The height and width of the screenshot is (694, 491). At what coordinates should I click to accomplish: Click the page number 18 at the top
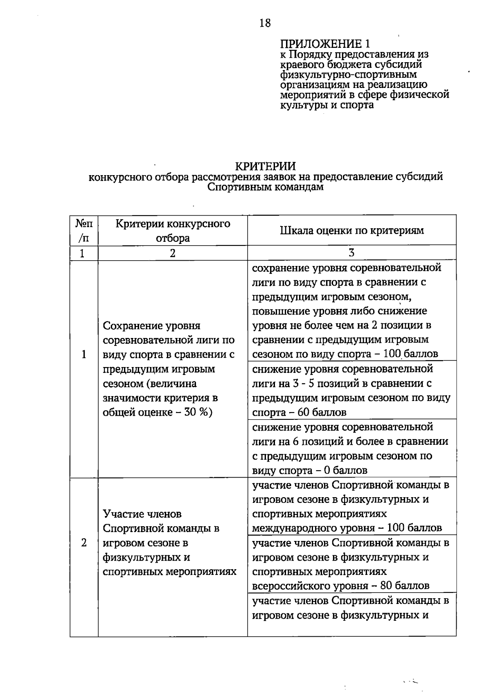point(265,23)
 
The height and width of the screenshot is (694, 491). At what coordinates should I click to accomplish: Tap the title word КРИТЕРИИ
point(265,166)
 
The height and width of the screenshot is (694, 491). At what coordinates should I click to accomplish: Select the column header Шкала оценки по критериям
point(352,230)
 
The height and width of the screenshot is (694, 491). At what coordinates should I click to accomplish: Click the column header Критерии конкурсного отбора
point(173,231)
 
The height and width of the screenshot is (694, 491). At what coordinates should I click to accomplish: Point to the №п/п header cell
point(84,230)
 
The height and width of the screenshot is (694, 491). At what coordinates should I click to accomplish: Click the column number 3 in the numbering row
point(351,253)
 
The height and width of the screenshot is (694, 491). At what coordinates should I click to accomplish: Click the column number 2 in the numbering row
point(173,253)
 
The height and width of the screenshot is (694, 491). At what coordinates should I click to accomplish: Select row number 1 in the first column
point(84,354)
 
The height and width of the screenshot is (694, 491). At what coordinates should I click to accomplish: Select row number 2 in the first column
point(84,543)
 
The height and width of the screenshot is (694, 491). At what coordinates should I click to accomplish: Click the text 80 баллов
point(405,586)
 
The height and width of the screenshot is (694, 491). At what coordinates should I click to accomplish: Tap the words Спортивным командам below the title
point(265,187)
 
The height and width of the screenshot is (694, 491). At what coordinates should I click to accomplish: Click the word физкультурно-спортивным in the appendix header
point(348,74)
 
